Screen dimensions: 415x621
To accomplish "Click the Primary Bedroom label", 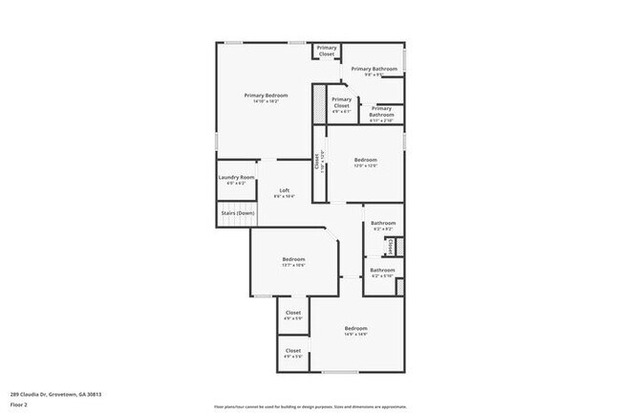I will coord(266,95).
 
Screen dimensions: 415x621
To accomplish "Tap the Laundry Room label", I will coord(236,177).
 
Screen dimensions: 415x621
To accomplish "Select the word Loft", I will coord(285,189).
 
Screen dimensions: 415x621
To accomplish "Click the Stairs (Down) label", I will coord(237,212).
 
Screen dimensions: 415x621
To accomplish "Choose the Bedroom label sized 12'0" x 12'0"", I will coord(366,160).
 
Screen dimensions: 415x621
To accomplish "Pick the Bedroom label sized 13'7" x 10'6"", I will coord(293,259).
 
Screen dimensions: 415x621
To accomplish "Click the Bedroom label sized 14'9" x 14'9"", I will coord(356,328).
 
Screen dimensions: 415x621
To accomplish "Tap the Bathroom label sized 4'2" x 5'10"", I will coord(382,270).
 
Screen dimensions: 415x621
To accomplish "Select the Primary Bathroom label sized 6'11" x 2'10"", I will coord(381,109).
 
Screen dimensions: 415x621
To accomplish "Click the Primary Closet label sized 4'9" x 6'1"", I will coord(341,102).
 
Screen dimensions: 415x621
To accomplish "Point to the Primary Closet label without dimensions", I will coord(327,51).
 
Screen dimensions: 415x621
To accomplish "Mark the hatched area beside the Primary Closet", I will coord(319,107).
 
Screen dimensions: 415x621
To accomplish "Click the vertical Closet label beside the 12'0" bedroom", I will coord(318,164).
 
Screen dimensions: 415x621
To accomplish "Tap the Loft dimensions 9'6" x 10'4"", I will coord(285,196).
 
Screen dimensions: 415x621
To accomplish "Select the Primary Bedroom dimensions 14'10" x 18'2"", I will coord(266,101).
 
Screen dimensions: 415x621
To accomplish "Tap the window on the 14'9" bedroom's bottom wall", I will coord(340,372).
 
